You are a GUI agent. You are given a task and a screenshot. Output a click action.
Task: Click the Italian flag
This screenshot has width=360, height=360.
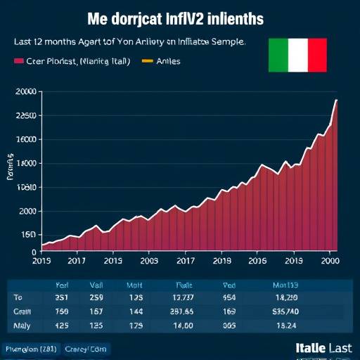(297, 55)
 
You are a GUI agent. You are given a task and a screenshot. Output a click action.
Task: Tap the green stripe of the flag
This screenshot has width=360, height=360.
(278, 55)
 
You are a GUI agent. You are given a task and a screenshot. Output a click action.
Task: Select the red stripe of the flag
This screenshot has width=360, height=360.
(317, 55)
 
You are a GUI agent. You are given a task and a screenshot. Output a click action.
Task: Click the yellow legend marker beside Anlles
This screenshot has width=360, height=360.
(148, 61)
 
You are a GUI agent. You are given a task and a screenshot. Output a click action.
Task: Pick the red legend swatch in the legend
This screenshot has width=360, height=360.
(19, 61)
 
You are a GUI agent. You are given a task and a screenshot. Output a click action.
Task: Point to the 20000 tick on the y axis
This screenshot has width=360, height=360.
(25, 92)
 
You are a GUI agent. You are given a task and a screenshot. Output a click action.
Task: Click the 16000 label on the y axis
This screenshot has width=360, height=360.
(25, 139)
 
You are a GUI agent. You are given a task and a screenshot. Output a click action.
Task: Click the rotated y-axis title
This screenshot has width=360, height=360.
(11, 167)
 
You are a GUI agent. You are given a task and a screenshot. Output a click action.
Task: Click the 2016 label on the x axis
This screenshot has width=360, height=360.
(257, 260)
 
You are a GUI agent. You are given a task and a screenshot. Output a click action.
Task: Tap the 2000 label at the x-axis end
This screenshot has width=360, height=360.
(330, 260)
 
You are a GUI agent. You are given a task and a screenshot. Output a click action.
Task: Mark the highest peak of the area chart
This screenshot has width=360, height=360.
(336, 100)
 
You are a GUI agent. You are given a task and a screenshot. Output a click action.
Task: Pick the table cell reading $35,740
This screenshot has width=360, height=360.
(286, 311)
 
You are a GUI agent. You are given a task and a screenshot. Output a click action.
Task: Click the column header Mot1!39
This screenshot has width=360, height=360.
(285, 285)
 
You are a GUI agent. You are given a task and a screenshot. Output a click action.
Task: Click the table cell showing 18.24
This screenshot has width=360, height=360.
(286, 326)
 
